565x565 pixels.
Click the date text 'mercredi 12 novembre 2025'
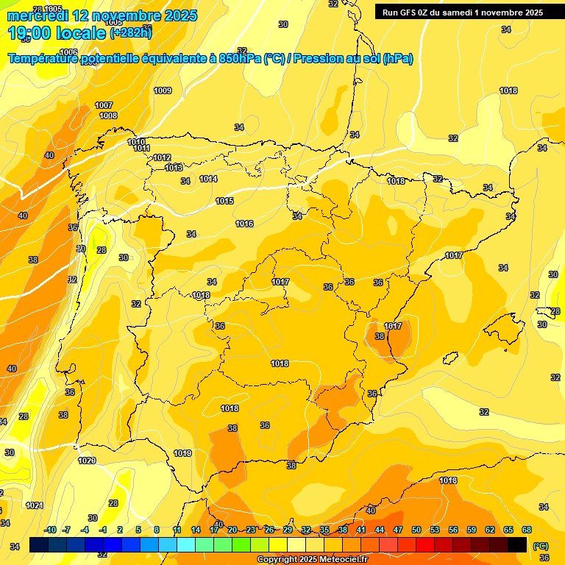tap(102, 15)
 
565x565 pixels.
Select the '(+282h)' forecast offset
tap(130, 32)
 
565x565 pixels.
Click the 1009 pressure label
tap(163, 90)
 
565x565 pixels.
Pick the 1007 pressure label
tap(104, 105)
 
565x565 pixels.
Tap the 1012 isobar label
tap(162, 157)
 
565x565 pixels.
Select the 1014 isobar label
tap(208, 179)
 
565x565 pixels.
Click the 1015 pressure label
tap(224, 201)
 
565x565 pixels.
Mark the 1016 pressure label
tap(244, 224)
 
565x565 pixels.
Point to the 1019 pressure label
tap(182, 453)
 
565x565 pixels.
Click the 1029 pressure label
tap(87, 461)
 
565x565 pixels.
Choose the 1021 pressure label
tap(34, 505)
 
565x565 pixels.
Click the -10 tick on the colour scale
tap(50, 530)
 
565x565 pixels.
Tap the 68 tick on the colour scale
tap(527, 530)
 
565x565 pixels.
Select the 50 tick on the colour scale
tap(416, 530)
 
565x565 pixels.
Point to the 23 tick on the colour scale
tap(250, 530)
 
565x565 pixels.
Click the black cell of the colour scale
tap(517, 544)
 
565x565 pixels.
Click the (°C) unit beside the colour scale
tap(540, 546)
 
